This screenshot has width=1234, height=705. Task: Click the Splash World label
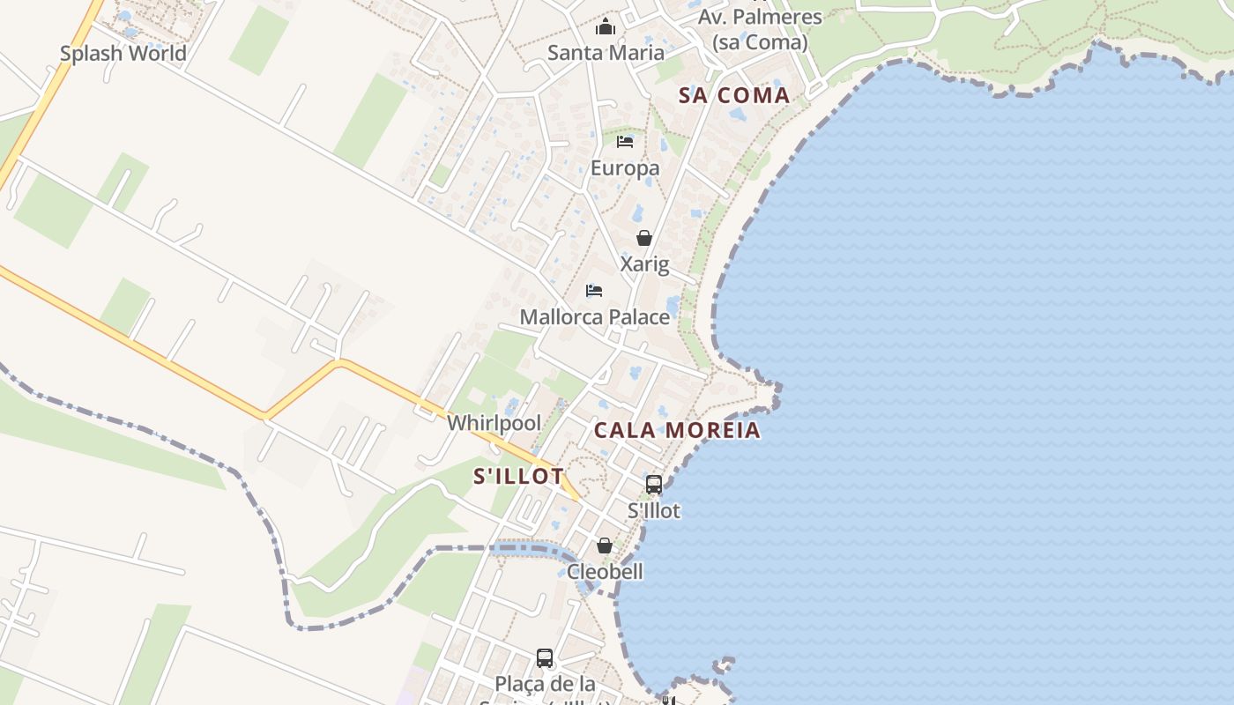(123, 54)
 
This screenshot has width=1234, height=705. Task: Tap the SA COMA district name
(734, 96)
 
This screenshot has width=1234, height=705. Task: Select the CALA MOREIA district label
(676, 431)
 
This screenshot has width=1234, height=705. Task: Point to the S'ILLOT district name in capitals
(518, 477)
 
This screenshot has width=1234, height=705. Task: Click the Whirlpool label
(494, 423)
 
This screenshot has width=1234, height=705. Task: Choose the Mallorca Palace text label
(595, 317)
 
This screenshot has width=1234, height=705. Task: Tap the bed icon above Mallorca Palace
(594, 291)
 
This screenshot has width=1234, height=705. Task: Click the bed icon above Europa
(625, 142)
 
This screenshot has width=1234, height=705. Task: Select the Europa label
(625, 168)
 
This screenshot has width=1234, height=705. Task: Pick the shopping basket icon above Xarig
(644, 238)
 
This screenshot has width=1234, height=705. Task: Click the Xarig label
(644, 264)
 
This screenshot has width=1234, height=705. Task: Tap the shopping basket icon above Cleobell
(605, 545)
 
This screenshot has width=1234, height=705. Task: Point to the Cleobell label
(605, 572)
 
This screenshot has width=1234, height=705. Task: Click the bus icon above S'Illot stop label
(654, 484)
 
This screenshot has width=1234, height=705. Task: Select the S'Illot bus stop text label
(654, 511)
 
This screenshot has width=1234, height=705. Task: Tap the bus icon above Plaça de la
(545, 657)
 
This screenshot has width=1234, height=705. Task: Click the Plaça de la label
(545, 684)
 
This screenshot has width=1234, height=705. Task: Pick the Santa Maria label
(606, 53)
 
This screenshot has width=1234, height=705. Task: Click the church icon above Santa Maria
(606, 27)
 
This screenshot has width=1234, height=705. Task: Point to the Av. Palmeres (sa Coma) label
(760, 30)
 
